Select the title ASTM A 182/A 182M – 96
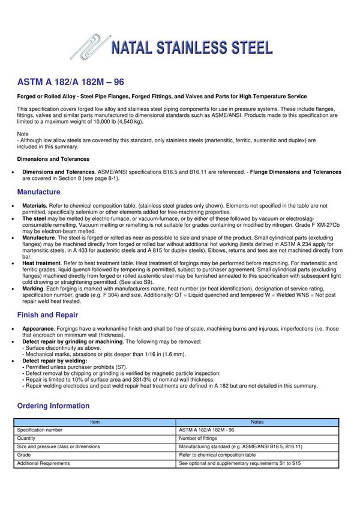coord(71,82)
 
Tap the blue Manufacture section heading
coord(38,192)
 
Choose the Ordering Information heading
coord(53,406)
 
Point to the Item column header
coord(95,422)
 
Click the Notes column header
coord(257,422)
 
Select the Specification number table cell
coord(40,430)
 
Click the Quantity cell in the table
coord(27,439)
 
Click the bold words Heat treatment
coord(41,263)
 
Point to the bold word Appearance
coord(38,329)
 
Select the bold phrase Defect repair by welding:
coord(55,361)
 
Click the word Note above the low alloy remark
coord(23,134)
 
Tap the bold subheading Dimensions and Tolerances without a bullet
coord(53,159)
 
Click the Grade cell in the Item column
coord(24,455)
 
